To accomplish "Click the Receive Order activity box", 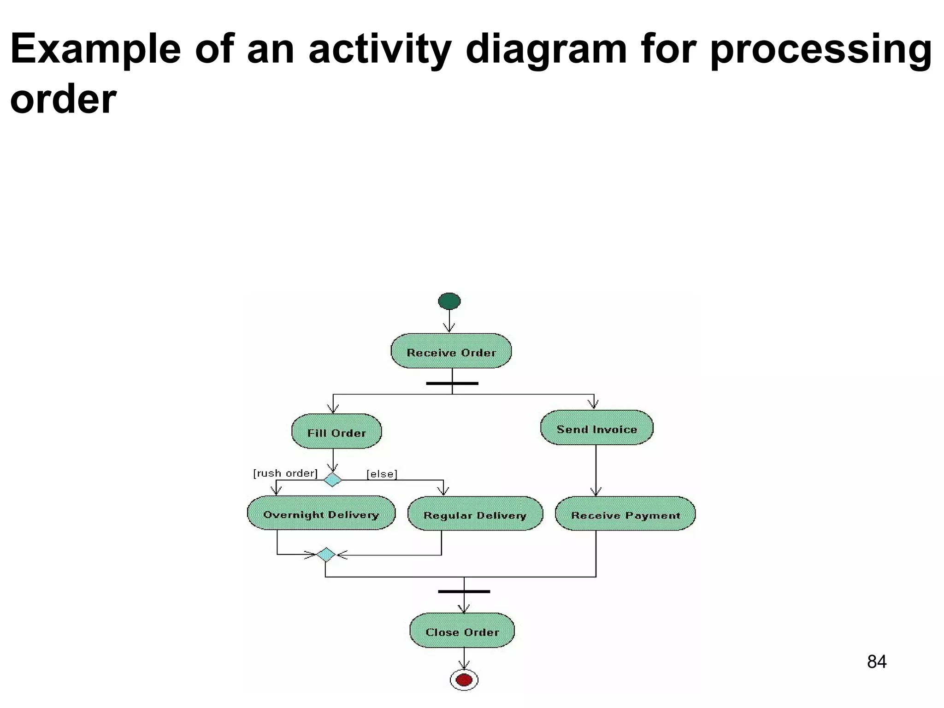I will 451,351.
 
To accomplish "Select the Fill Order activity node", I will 336,431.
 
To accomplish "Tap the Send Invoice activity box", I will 596,428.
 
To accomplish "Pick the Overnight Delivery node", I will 321,513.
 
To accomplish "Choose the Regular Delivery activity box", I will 475,514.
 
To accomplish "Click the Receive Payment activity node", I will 625,514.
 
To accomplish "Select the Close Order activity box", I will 462,631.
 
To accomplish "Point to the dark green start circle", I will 449,301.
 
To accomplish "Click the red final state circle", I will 464,680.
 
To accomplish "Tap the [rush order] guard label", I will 285,473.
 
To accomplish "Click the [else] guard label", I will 382,474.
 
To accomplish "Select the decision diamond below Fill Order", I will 332,480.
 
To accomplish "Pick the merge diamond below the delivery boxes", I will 326,555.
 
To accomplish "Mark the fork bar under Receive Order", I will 452,383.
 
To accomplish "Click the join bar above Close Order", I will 464,591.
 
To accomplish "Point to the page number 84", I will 876,662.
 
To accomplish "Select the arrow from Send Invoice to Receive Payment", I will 596,470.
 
